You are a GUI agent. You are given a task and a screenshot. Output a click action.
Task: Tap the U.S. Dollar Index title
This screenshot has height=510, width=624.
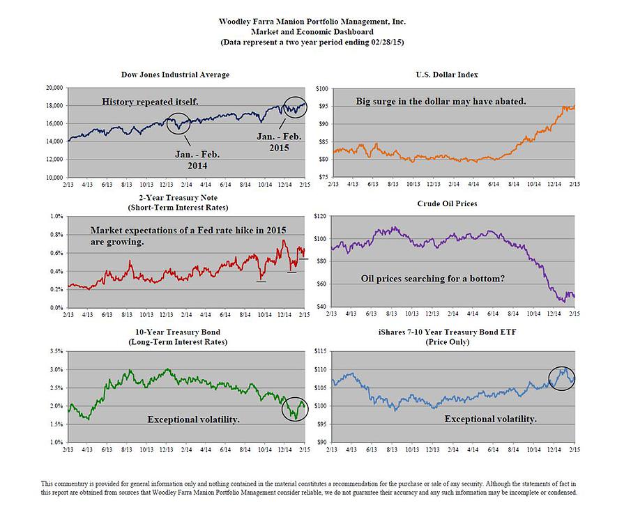click(x=452, y=75)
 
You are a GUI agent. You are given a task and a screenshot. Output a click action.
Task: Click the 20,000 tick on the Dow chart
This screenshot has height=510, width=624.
click(x=54, y=88)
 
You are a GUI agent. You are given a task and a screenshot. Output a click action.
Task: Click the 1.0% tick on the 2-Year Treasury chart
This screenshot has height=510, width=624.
click(x=55, y=217)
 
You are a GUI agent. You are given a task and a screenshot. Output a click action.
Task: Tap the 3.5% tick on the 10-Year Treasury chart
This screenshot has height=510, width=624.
click(x=55, y=352)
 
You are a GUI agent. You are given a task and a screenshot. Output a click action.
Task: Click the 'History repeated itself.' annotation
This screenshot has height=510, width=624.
click(x=150, y=102)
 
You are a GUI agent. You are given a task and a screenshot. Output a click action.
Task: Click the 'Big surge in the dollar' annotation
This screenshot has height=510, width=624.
click(x=441, y=102)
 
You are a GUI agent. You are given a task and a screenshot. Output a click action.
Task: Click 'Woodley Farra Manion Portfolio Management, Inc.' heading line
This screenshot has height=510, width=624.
click(x=312, y=22)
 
